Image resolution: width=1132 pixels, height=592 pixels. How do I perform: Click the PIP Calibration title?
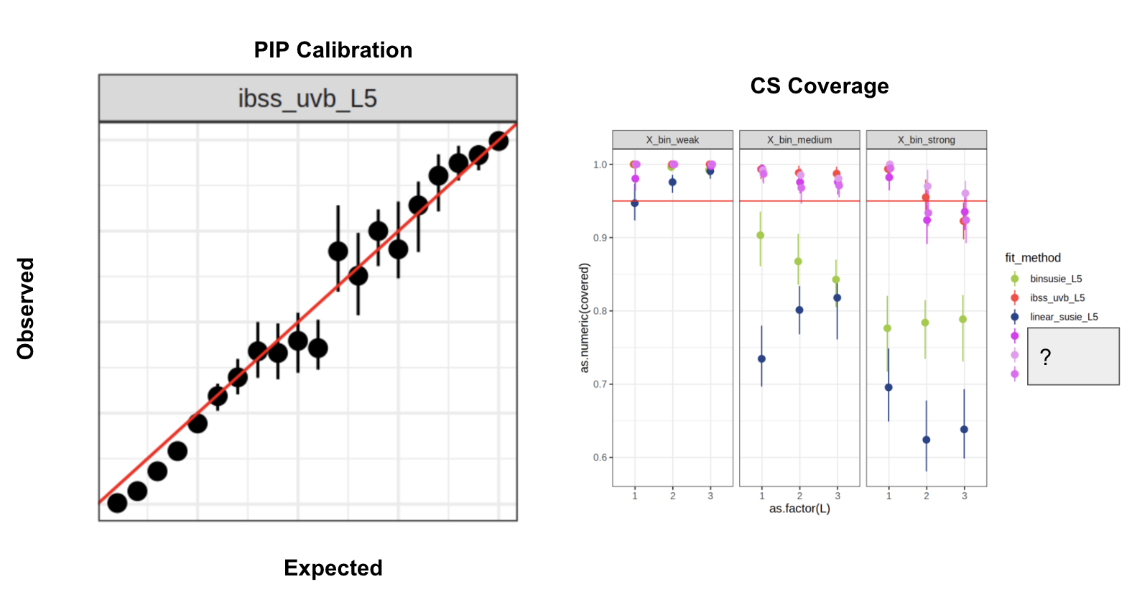point(333,50)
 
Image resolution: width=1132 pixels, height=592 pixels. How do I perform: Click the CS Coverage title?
point(819,86)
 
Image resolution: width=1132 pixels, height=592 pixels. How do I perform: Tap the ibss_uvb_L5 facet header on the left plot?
point(307,98)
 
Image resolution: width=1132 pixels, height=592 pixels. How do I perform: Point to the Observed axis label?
point(26,308)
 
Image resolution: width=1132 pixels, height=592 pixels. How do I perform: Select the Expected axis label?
point(333,568)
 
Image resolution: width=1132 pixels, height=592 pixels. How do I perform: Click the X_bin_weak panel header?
point(672,140)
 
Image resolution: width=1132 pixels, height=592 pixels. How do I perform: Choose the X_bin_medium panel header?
point(799,140)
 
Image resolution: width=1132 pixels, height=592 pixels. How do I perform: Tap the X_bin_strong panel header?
point(926,140)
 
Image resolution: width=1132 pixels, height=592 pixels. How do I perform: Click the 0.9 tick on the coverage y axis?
point(600,238)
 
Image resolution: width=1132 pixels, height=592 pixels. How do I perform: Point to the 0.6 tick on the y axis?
point(600,458)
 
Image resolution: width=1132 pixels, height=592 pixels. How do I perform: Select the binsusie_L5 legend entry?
point(1055,279)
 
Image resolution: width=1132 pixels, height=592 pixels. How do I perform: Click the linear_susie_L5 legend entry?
point(1063,317)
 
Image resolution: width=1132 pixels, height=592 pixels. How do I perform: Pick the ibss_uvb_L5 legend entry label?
point(1057,298)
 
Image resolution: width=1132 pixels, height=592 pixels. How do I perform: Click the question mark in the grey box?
point(1045,357)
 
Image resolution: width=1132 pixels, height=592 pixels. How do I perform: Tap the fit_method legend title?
point(1032,258)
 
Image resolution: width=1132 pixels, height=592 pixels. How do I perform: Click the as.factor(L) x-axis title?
point(799,509)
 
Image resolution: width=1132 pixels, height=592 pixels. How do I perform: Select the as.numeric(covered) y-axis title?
point(585,318)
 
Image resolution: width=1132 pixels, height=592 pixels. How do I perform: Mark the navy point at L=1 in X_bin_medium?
point(761,359)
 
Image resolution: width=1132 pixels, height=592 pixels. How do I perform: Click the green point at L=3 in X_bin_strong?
point(962,320)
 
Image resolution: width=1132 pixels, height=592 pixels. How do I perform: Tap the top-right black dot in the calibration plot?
point(498,141)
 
